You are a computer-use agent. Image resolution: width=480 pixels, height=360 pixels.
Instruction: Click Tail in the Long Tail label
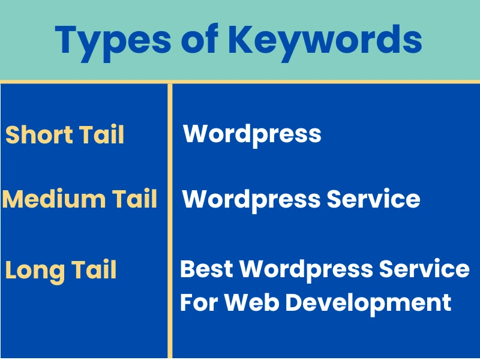[94, 270]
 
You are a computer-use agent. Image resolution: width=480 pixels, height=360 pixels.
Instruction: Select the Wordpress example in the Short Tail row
[252, 134]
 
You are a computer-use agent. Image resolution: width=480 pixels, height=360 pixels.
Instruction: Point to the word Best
[207, 268]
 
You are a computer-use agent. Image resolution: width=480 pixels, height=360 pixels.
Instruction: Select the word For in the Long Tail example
[197, 302]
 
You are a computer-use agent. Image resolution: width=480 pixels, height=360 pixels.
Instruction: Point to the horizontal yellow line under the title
[240, 81]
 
